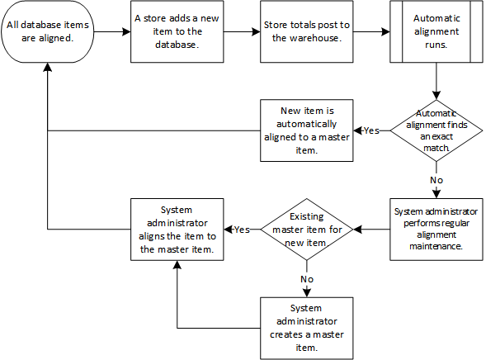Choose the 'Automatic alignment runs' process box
435,32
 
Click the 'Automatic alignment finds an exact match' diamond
435,130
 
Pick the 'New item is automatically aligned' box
306,130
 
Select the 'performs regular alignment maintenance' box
435,228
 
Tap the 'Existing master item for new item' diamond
306,228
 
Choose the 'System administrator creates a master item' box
306,326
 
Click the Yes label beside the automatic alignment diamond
371,130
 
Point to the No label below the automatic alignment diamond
435,178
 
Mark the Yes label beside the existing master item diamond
243,229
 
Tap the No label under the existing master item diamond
306,278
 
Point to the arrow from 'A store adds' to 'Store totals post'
243,32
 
